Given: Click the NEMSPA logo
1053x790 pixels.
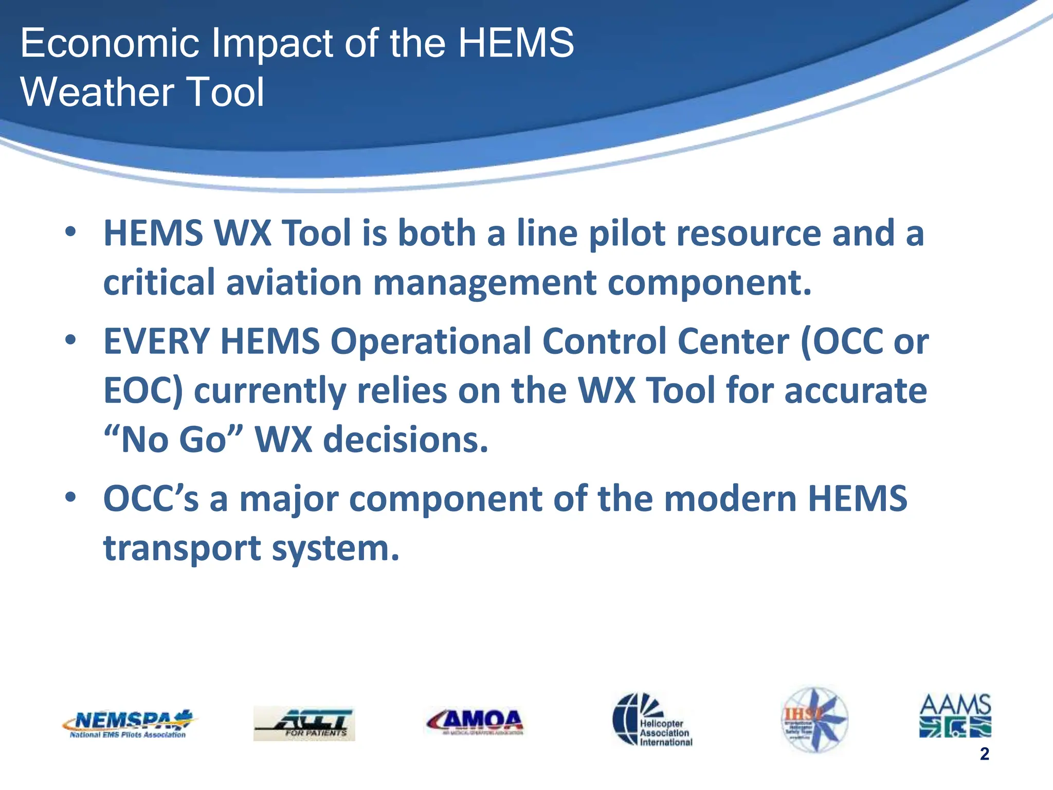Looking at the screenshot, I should (x=128, y=724).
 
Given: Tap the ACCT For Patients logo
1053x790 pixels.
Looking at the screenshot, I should (x=304, y=723).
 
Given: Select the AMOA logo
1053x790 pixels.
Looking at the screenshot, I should (x=475, y=722).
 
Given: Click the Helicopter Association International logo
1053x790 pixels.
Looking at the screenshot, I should (x=652, y=719).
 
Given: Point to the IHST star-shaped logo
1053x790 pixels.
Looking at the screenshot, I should (x=814, y=720).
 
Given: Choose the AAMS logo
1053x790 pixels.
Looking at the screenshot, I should (x=955, y=715).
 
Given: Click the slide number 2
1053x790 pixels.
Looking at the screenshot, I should (x=984, y=754).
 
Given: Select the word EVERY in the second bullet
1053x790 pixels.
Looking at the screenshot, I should (x=156, y=342).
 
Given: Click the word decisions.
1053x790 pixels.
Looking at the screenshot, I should (x=405, y=440).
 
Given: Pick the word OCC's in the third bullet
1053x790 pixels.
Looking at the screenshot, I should (x=151, y=499).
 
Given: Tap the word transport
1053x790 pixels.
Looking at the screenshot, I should (x=182, y=549).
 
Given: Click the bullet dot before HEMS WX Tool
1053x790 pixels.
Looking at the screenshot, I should (x=70, y=231).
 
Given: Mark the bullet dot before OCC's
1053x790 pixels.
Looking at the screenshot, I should (x=70, y=497).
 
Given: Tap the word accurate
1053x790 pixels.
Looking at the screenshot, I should (x=855, y=391).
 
